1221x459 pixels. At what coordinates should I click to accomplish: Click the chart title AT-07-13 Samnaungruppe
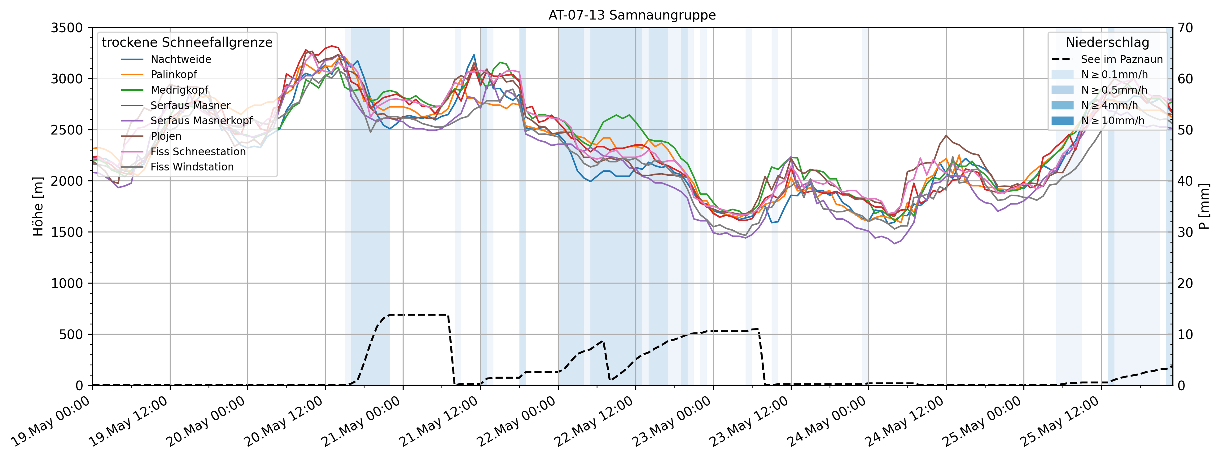[632, 15]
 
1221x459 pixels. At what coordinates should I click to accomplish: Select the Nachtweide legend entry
[181, 59]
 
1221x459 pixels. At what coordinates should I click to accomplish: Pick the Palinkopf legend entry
[173, 74]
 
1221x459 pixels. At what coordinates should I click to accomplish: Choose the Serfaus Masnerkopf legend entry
[201, 121]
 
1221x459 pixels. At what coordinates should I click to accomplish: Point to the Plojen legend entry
[166, 136]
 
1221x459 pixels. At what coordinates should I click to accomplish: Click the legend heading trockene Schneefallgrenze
[187, 43]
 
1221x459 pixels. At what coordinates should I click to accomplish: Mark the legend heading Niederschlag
[1107, 43]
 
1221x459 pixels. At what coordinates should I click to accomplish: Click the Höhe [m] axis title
[38, 206]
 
